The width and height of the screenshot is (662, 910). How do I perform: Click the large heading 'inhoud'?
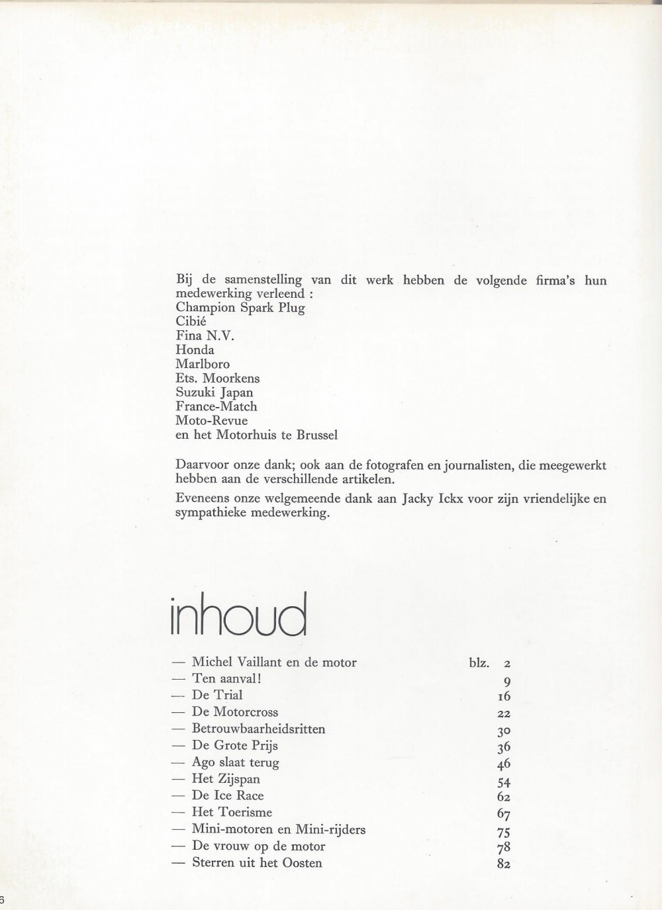tap(239, 615)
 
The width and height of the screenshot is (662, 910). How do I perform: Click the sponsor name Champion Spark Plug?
tap(240, 308)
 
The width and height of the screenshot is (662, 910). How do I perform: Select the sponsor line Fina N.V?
tap(205, 336)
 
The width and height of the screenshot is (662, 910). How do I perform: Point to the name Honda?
tap(195, 349)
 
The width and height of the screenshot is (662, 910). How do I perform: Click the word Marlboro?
tap(203, 364)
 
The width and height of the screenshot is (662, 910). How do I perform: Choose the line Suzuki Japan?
tap(214, 392)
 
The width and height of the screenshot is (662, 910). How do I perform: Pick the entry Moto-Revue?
tap(212, 420)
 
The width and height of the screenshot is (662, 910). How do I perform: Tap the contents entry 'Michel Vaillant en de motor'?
tap(274, 662)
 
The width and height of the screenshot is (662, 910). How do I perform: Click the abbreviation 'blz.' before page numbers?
tap(479, 662)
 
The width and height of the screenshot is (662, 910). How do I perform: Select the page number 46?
tap(503, 763)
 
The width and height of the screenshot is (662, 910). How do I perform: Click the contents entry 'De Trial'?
tap(217, 695)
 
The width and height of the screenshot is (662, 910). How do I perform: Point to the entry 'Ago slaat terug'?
tap(236, 762)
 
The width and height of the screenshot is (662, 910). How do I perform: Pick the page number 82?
tap(503, 864)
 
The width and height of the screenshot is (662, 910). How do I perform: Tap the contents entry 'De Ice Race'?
tap(228, 796)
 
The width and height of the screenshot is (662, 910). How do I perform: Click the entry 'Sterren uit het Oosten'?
tap(257, 863)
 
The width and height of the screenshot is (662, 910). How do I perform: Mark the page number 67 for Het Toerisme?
tap(503, 813)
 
